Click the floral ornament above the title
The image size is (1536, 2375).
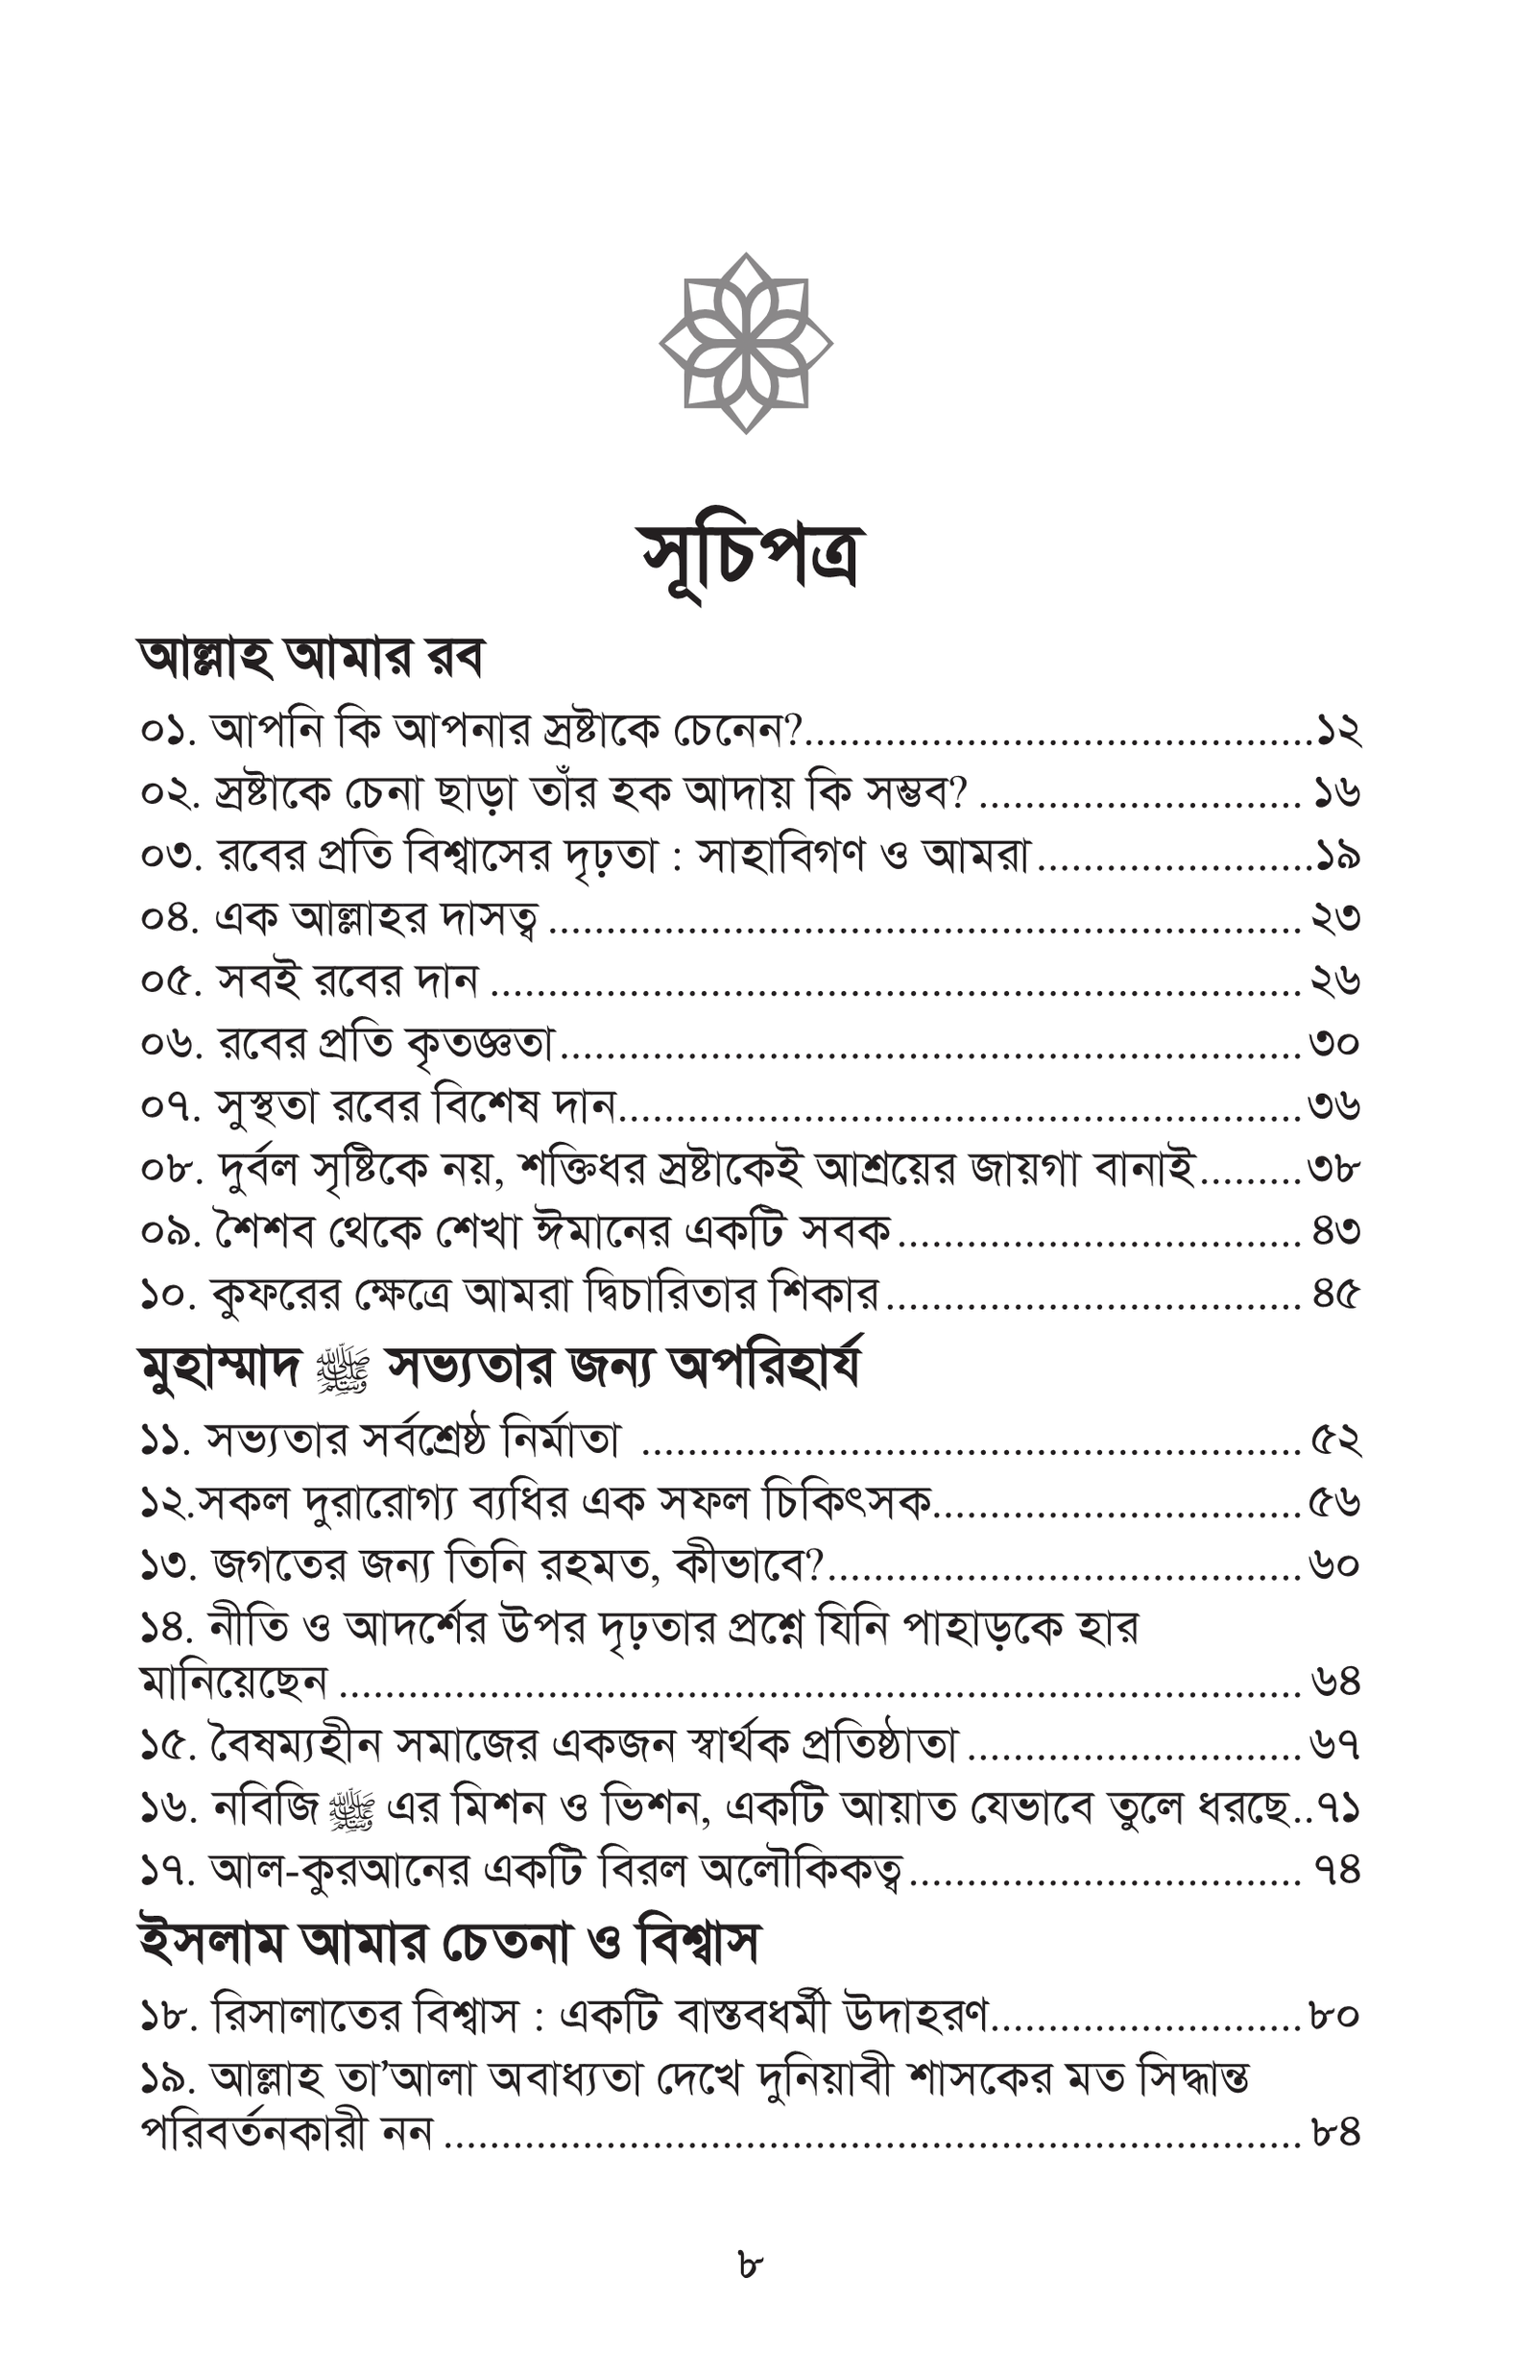[x=746, y=343]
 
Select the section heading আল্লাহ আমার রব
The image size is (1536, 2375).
[x=310, y=659]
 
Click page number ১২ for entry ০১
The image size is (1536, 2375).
[x=1337, y=731]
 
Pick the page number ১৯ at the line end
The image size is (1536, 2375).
[x=1337, y=856]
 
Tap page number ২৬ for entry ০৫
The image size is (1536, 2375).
[x=1335, y=982]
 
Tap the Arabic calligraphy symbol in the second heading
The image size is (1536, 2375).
[x=342, y=1370]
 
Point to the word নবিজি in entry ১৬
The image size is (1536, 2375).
[x=264, y=1807]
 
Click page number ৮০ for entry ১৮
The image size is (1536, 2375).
[x=1334, y=2016]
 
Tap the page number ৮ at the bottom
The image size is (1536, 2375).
[x=750, y=2264]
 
